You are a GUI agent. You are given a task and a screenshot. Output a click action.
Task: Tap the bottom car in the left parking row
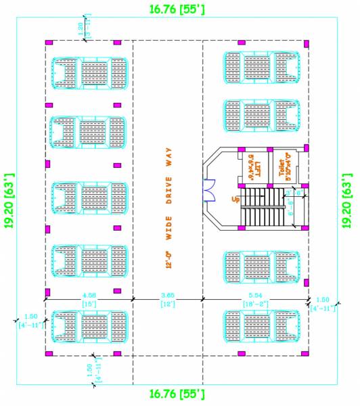(x=89, y=328)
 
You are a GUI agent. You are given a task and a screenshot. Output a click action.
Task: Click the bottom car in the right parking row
(x=261, y=328)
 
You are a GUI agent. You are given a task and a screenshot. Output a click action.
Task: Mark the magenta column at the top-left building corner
(x=49, y=43)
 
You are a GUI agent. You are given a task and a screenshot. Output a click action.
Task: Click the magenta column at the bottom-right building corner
(x=307, y=353)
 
